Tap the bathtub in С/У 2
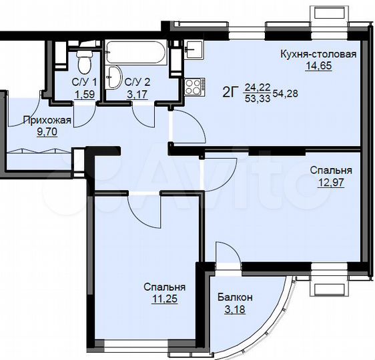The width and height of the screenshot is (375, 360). click(137, 52)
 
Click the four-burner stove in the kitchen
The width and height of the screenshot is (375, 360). click(194, 85)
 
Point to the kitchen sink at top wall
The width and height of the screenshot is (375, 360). click(194, 48)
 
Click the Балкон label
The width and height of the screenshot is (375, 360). click(238, 298)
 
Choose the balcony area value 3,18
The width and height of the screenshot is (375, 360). click(238, 309)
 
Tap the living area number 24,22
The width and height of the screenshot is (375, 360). click(257, 87)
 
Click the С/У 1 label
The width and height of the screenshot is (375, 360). click(84, 82)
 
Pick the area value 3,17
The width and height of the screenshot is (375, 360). click(137, 93)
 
